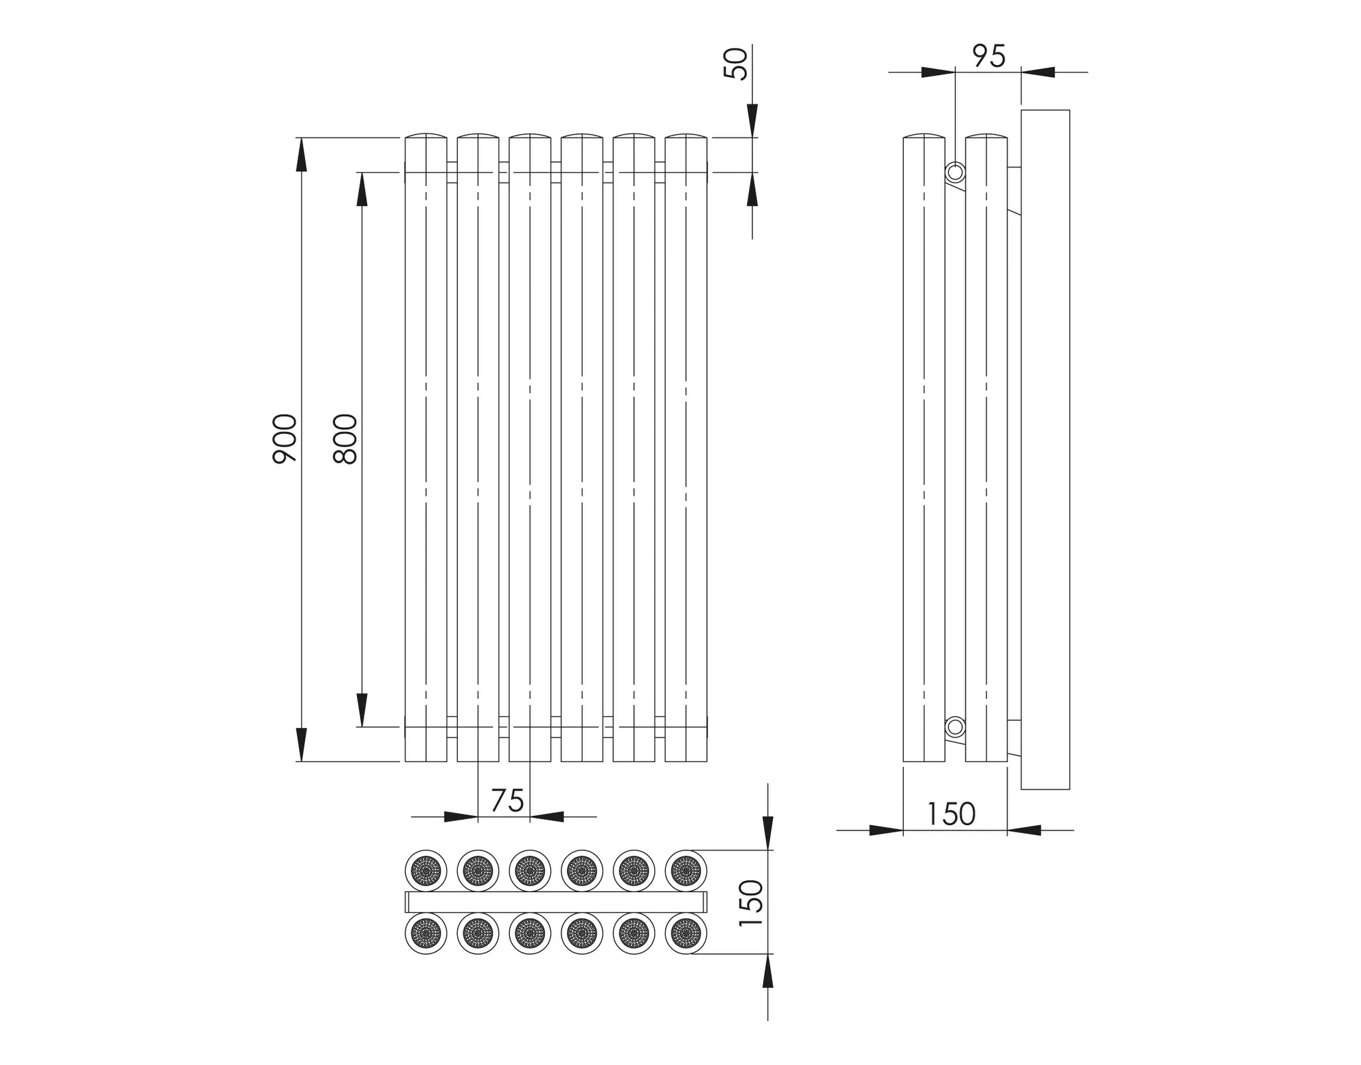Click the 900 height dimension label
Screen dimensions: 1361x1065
(284, 438)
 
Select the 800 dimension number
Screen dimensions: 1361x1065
(345, 438)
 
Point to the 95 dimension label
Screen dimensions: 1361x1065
(989, 56)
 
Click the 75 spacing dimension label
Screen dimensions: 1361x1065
(508, 801)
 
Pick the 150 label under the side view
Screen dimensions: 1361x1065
(951, 814)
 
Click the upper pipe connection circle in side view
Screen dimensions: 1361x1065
(956, 173)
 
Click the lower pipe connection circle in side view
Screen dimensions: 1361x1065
(956, 727)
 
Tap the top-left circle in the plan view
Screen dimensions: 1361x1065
(426, 870)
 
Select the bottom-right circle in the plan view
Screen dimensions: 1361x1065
(686, 933)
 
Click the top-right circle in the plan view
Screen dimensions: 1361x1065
(686, 870)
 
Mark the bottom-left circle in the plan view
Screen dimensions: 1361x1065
(426, 933)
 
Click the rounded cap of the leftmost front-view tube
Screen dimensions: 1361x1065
(426, 136)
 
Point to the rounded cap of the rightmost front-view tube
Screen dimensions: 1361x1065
(686, 136)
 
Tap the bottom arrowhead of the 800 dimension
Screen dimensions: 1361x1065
(362, 710)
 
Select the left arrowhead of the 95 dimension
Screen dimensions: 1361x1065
(938, 72)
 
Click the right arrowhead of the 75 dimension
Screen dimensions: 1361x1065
(546, 817)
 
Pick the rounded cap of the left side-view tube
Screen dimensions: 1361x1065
(924, 136)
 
